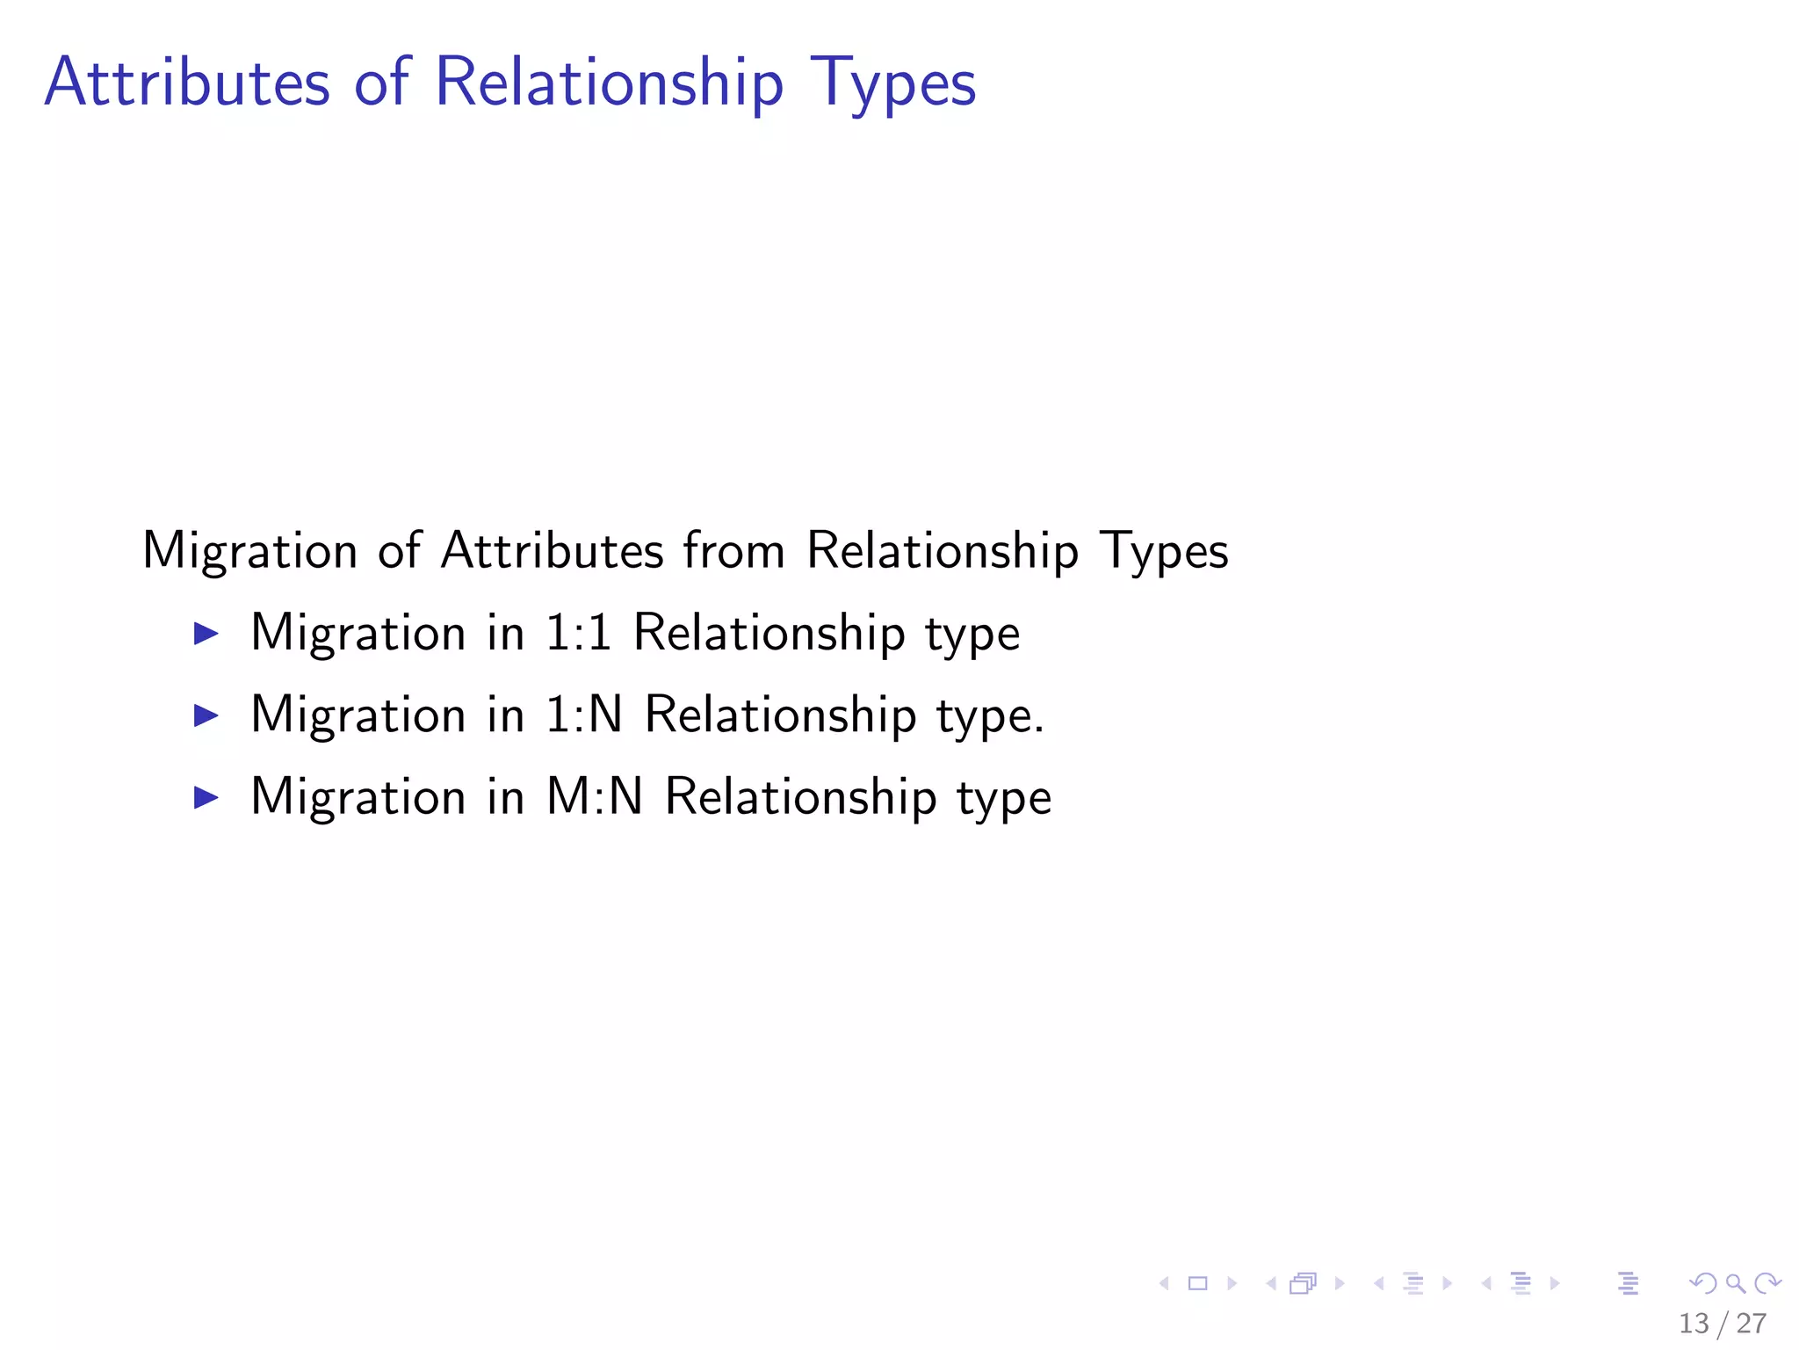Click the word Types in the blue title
[892, 83]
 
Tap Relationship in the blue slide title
[608, 83]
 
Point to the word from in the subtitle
[733, 551]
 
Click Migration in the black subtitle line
[249, 552]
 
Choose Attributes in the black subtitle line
[552, 551]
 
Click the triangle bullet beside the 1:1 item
[206, 633]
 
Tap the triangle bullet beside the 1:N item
[206, 715]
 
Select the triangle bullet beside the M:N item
[206, 797]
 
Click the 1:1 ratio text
[578, 633]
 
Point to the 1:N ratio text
[583, 715]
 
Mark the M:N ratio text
[594, 797]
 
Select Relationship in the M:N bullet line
[800, 797]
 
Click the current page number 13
[1694, 1323]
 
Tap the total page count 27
[1752, 1323]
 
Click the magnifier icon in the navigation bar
[1735, 1283]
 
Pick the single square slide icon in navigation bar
[1197, 1283]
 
